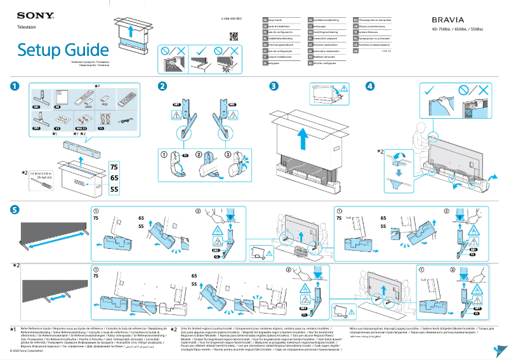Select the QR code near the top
pos(233,36)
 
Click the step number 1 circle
pos(15,86)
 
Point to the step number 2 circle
pos(163,86)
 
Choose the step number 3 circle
pos(274,86)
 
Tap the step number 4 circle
pos(369,86)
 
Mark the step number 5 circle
pos(15,210)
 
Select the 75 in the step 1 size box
pos(114,166)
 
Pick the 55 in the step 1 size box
pos(114,189)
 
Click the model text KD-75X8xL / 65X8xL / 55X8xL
pos(458,30)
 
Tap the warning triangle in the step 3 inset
pos(343,88)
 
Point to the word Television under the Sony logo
pos(26,27)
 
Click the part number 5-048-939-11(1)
pos(233,20)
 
